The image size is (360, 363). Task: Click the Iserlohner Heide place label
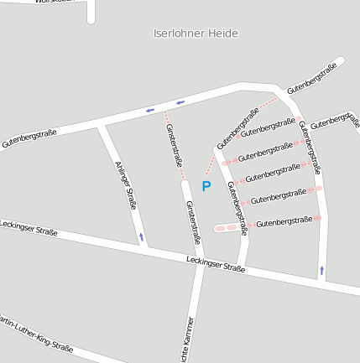point(196,34)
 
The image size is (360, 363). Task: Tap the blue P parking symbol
point(206,186)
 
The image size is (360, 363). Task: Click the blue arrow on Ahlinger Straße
point(141,237)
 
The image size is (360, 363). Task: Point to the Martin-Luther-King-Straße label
point(35,334)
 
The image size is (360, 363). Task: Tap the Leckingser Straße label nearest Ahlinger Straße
point(29,227)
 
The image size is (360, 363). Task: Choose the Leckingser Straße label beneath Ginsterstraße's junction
point(216,265)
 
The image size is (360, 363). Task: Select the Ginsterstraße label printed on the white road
point(193,222)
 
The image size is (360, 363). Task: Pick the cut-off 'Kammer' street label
point(188,340)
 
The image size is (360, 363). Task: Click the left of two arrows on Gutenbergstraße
point(150,110)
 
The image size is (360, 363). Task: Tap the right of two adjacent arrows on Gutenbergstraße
point(180,103)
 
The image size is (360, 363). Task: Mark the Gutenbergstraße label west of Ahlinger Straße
point(29,138)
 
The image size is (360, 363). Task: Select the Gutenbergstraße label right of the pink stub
point(284,221)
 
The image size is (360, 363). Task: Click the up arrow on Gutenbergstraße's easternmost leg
point(321,271)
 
